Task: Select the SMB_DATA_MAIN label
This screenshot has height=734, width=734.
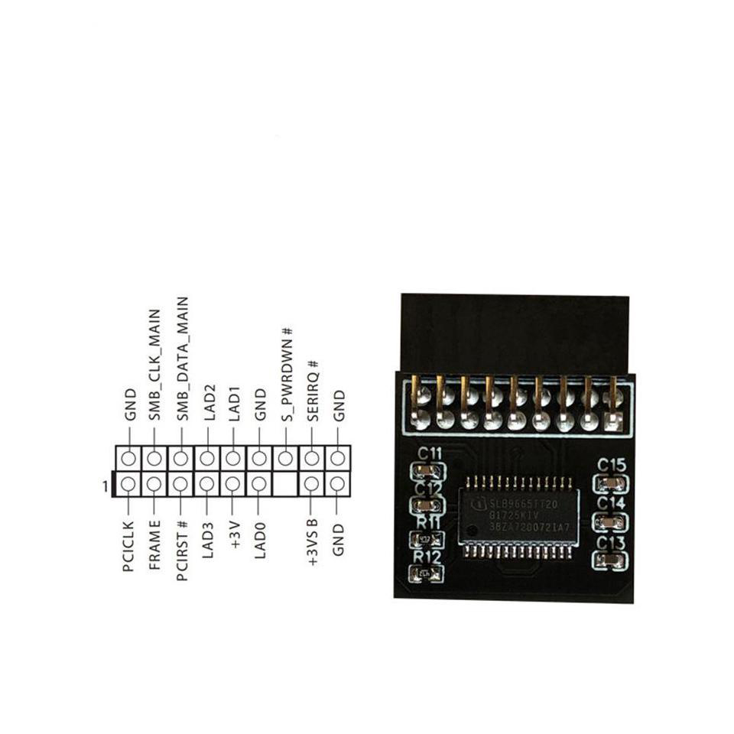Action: [x=181, y=359]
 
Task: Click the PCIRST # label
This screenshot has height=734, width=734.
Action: [x=181, y=550]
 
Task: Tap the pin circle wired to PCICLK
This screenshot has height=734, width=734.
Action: [x=128, y=484]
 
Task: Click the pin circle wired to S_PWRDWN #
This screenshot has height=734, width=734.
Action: [x=285, y=459]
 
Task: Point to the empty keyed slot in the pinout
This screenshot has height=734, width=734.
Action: [x=285, y=484]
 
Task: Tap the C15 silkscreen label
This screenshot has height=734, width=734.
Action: [x=612, y=464]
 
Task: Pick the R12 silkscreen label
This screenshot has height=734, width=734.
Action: [x=427, y=557]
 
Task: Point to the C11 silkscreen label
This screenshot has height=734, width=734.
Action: [x=428, y=453]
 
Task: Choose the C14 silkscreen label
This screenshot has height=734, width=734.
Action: [x=612, y=503]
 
